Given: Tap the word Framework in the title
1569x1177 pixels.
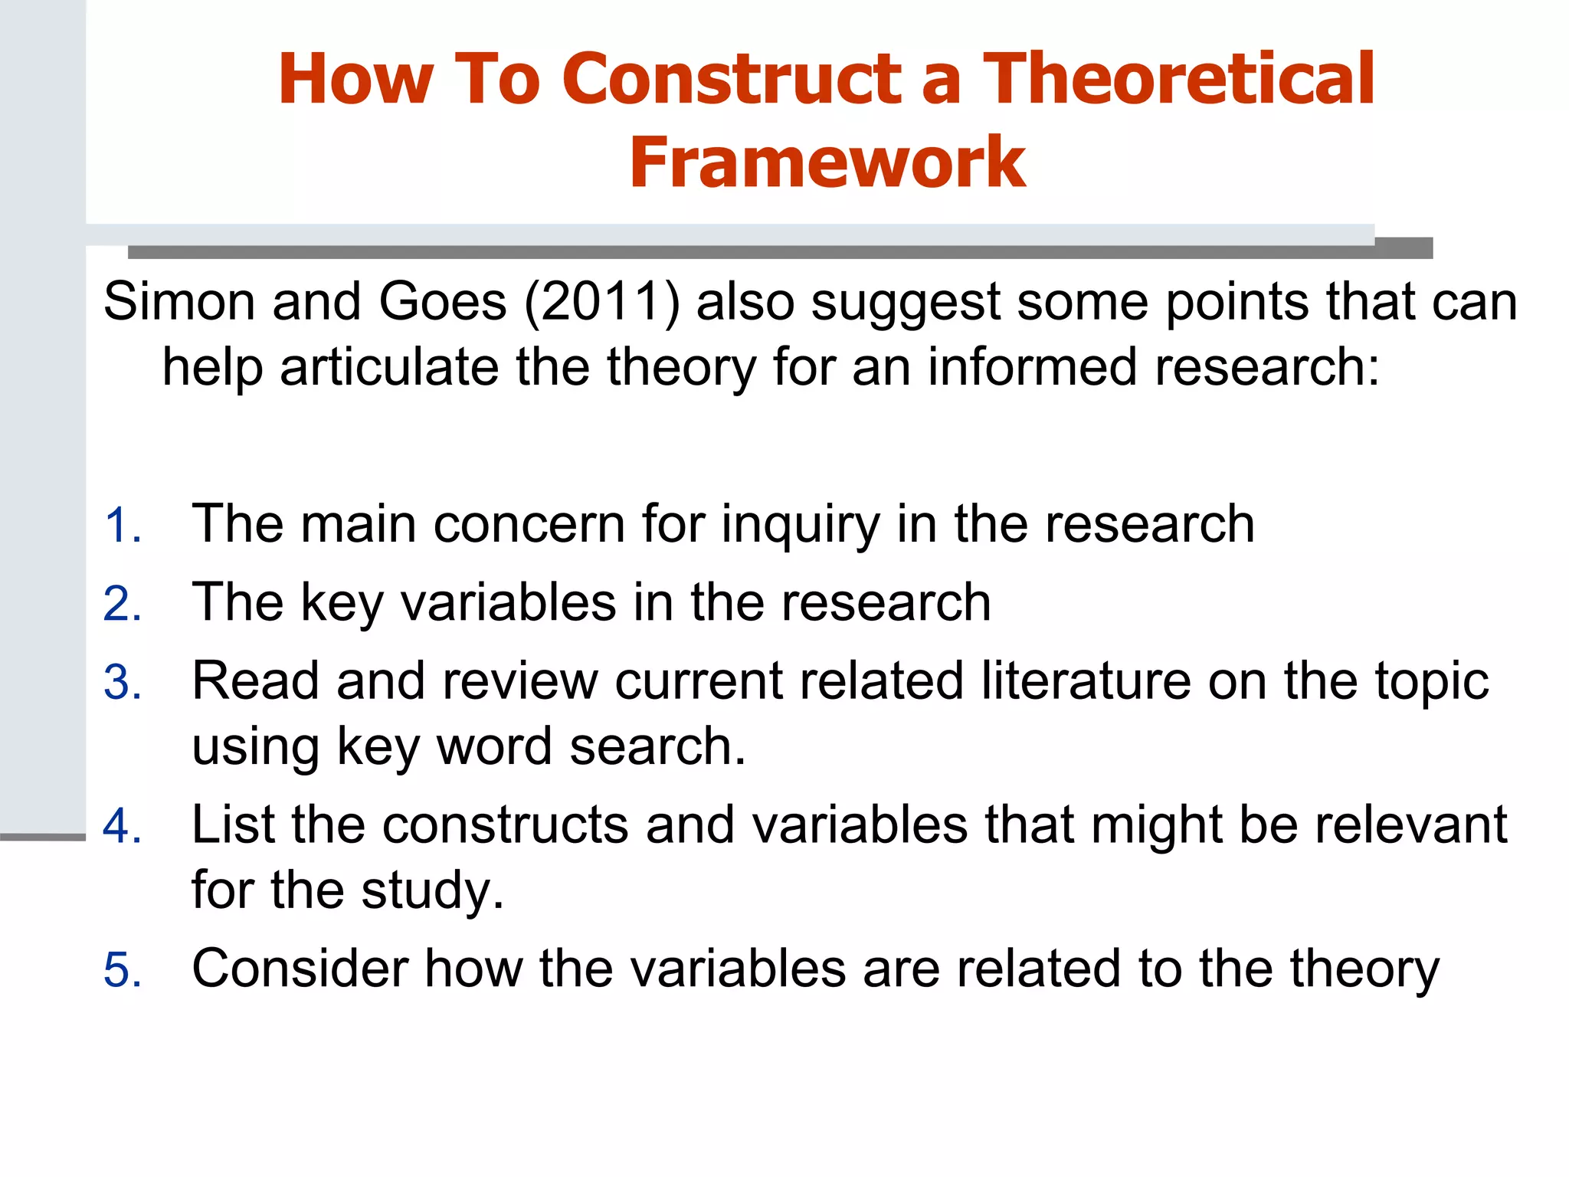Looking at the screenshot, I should point(827,162).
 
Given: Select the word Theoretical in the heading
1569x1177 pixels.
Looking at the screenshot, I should point(1179,79).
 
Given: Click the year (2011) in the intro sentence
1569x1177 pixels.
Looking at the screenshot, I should point(601,302).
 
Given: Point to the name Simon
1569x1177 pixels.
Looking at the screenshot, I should point(179,302).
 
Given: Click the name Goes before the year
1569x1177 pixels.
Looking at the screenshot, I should point(443,302).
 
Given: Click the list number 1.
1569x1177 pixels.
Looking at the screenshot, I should point(123,526).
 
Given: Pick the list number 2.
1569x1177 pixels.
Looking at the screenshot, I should point(123,605).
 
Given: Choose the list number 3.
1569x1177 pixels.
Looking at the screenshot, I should point(123,683).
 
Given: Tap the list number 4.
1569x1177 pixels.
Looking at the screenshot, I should point(123,827).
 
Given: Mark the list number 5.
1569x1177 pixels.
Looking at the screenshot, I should point(123,971).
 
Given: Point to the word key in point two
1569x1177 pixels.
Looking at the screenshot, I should point(342,605).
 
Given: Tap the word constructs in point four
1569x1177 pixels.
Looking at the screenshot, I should point(505,825).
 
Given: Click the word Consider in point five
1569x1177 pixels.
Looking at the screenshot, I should point(300,969).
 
